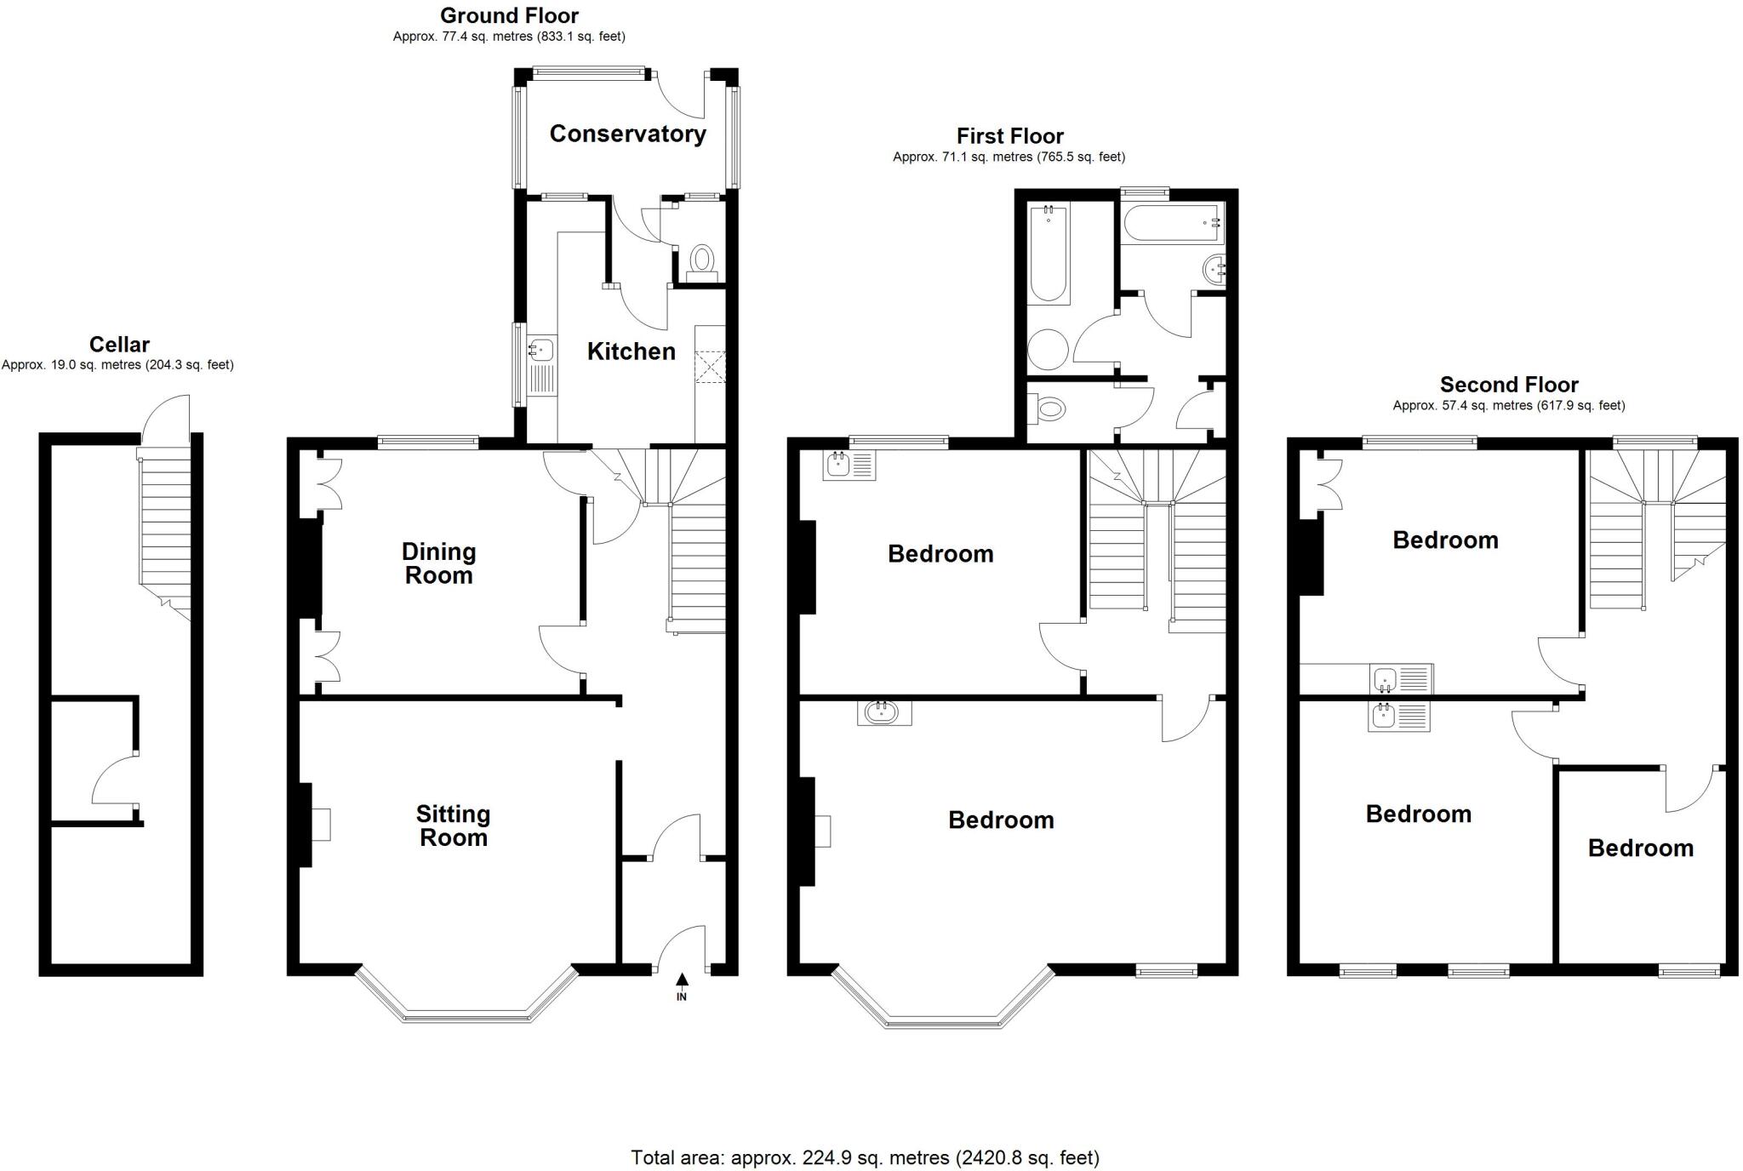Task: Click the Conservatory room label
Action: point(627,134)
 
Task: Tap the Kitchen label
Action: point(631,351)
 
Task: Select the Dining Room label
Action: point(438,563)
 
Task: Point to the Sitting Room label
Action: point(453,825)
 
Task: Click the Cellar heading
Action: point(119,345)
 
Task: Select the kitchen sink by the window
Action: point(541,348)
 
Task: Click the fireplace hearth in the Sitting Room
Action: point(321,824)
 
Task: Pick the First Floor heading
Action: point(1009,136)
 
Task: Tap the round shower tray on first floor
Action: point(1048,349)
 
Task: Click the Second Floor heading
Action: point(1508,385)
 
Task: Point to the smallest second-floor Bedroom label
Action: point(1640,848)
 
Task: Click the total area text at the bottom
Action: point(865,1157)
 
